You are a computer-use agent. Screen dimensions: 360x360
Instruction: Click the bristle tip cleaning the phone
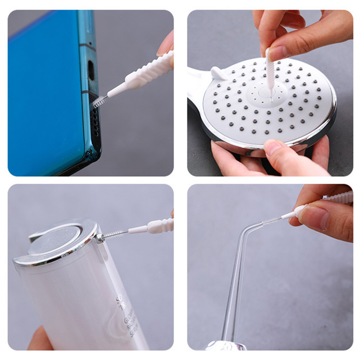click(98, 102)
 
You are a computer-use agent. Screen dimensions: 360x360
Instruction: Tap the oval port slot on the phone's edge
click(91, 70)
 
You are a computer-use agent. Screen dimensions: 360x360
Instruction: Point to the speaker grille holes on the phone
click(94, 121)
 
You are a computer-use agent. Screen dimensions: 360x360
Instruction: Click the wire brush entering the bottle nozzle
click(115, 234)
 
